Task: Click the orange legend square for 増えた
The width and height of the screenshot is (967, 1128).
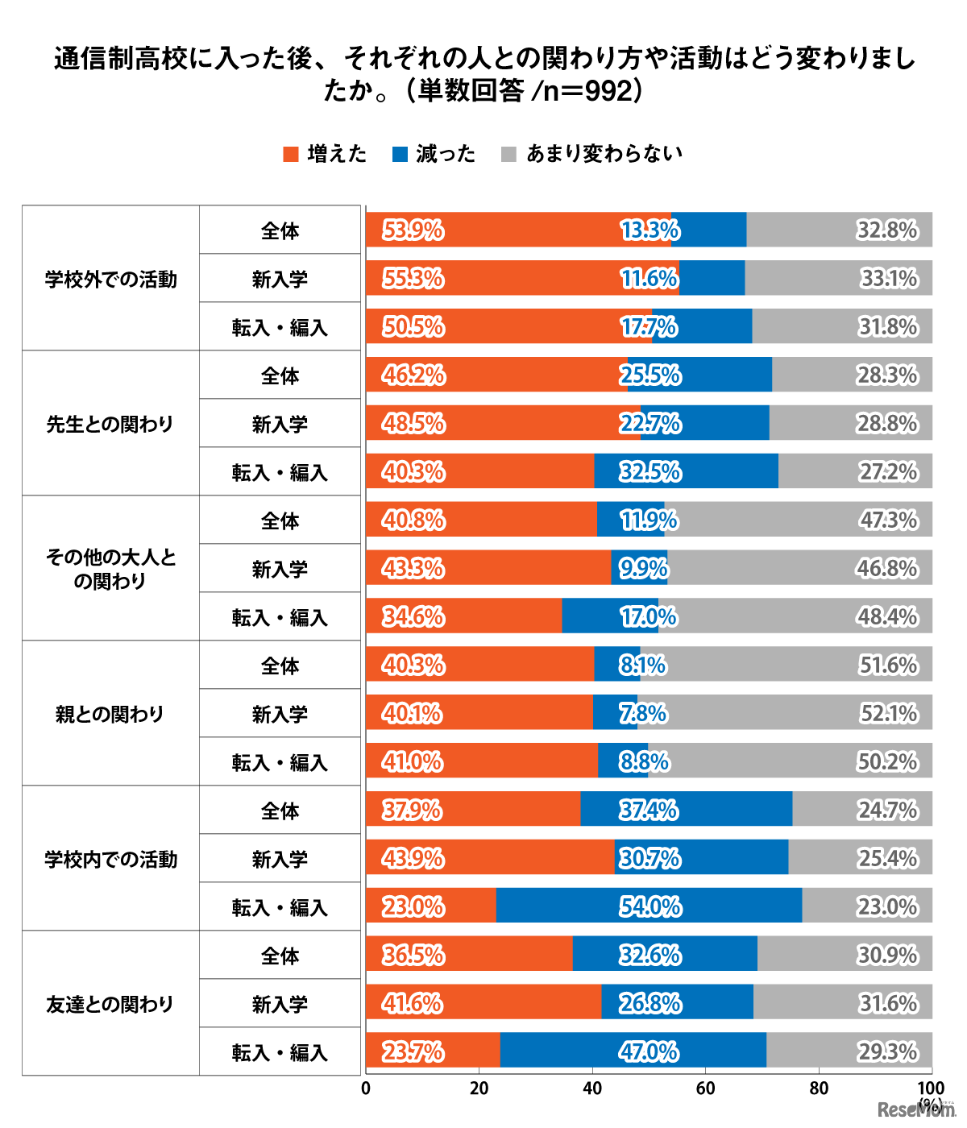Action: coord(291,154)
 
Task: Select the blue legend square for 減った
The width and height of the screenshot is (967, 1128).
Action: coord(400,154)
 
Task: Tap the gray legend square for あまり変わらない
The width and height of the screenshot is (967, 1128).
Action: coord(508,154)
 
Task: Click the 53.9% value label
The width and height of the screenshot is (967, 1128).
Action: coord(413,230)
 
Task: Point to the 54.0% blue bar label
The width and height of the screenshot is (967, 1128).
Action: coord(650,907)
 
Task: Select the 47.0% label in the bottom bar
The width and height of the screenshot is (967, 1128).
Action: coord(649,1052)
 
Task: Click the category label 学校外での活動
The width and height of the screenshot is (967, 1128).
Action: coord(110,279)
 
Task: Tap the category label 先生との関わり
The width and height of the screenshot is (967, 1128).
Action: coord(110,424)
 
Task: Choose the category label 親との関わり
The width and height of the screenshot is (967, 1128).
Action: coord(110,714)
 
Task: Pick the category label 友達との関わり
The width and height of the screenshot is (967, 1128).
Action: coord(110,1004)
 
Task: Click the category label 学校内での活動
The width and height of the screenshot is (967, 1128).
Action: coord(110,859)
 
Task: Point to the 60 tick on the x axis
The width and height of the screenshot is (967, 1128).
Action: coord(705,1089)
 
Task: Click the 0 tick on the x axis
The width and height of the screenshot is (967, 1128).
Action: coord(366,1089)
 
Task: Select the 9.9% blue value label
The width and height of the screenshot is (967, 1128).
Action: coord(644,569)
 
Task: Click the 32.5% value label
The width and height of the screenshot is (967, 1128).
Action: coord(650,472)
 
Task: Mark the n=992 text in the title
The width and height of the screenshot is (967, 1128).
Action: coord(588,91)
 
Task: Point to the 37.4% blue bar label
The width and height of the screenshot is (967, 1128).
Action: coord(649,811)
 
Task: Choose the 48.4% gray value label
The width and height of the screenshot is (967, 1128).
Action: coord(887,617)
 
